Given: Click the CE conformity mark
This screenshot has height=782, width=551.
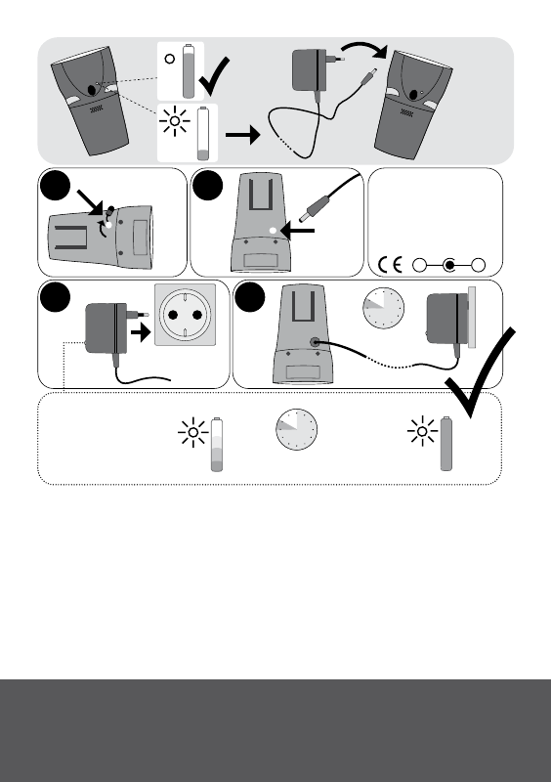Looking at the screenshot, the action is [x=390, y=264].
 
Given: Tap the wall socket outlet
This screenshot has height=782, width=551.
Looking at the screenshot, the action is [x=185, y=315].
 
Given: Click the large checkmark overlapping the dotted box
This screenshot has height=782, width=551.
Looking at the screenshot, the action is [x=480, y=371].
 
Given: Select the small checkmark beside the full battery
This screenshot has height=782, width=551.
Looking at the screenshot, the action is [x=214, y=76].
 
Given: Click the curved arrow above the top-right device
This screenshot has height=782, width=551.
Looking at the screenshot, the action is [x=364, y=48].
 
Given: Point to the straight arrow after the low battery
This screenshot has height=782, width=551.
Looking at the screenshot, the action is [x=243, y=135].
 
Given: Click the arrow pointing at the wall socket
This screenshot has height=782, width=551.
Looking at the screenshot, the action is [x=141, y=331].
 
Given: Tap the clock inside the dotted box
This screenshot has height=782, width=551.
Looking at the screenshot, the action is [x=297, y=429].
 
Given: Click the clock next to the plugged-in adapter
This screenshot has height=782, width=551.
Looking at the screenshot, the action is [x=384, y=308].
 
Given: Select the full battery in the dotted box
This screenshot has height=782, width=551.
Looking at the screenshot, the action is [x=446, y=444].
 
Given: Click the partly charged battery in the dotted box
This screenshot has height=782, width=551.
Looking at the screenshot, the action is [x=217, y=445].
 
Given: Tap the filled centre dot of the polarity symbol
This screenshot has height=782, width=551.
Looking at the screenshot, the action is [x=449, y=265].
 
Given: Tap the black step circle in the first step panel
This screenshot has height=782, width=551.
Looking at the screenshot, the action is [x=55, y=186].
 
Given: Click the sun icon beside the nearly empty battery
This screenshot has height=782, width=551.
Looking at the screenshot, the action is [x=175, y=121].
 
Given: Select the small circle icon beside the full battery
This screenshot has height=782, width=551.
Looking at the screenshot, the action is [x=170, y=60].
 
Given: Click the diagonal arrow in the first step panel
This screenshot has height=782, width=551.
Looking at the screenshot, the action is [x=90, y=202].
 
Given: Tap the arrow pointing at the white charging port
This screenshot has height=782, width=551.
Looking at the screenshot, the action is [x=298, y=231].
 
